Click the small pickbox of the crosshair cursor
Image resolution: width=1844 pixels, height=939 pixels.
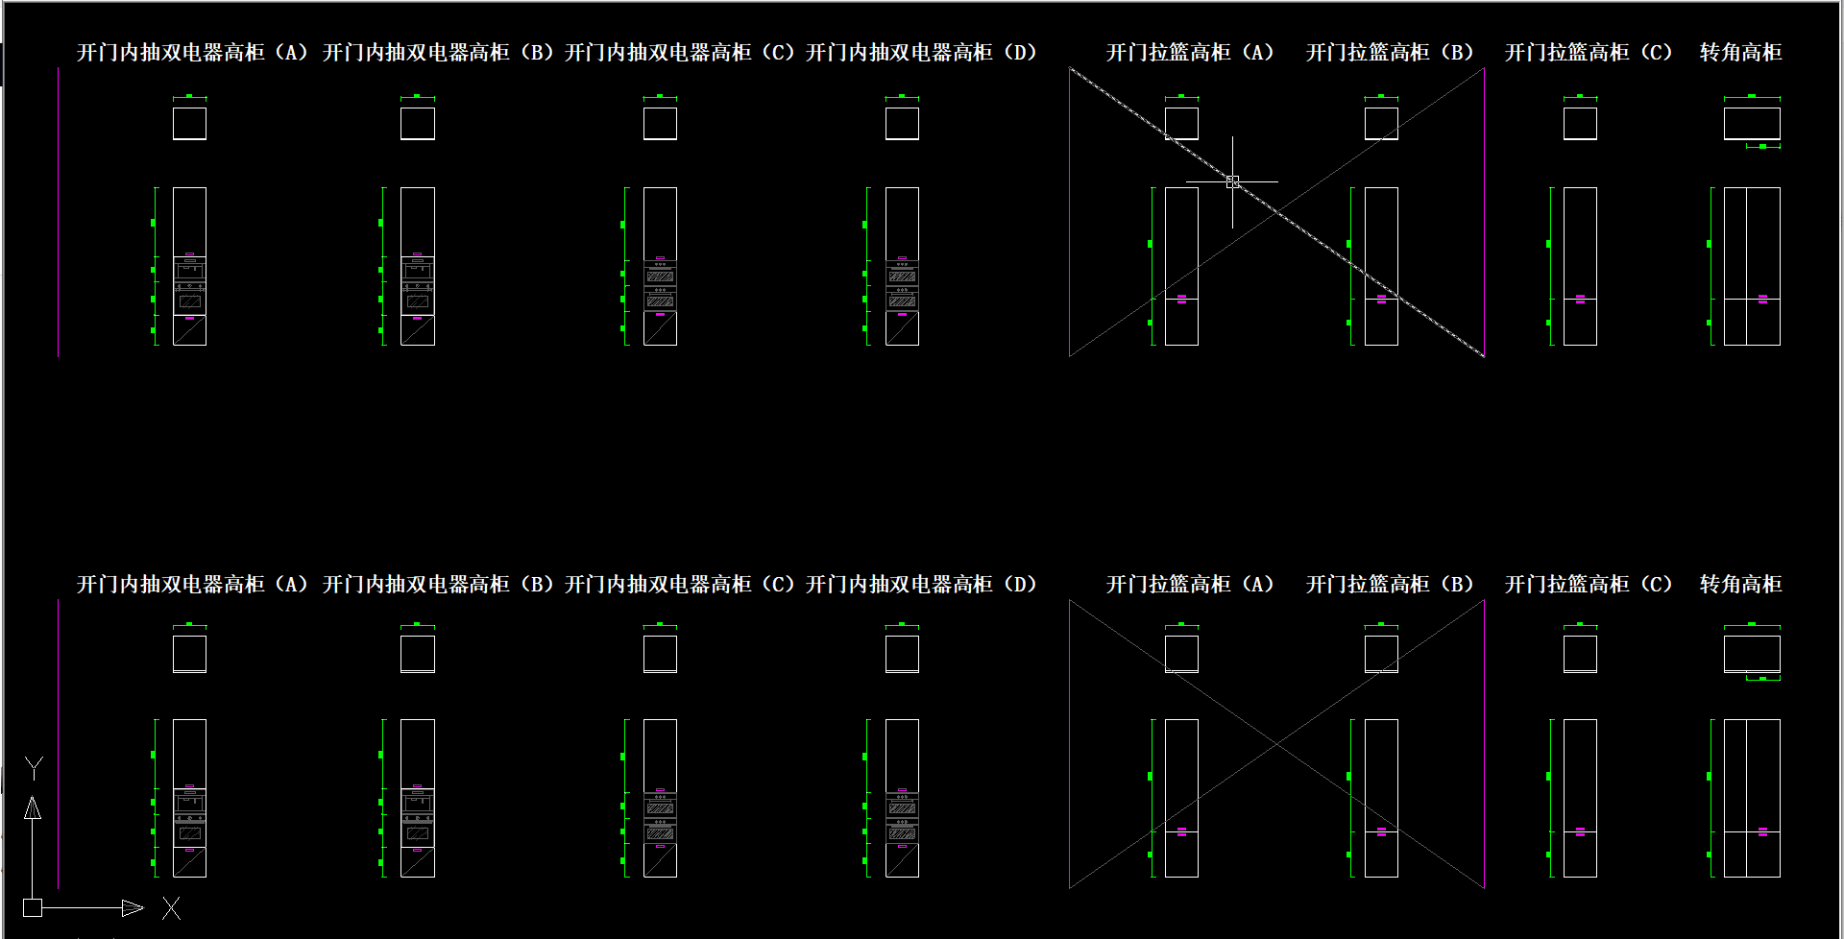click(x=1232, y=181)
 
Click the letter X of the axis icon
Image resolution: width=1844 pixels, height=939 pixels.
click(x=171, y=907)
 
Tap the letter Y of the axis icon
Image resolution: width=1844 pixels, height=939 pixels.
click(x=34, y=768)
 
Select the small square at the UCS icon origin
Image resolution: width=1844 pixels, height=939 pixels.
click(x=33, y=907)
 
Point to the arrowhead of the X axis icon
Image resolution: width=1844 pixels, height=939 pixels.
click(x=133, y=907)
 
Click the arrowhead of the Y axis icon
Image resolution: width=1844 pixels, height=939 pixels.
click(x=33, y=808)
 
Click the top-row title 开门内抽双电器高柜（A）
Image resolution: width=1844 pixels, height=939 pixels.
click(x=192, y=53)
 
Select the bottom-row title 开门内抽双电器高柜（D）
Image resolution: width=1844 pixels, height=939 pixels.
click(x=921, y=585)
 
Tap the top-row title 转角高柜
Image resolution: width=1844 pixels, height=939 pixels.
click(x=1740, y=53)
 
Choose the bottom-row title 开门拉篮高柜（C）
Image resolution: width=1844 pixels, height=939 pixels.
click(x=1589, y=585)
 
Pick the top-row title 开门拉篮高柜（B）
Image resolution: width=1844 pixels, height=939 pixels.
click(x=1390, y=53)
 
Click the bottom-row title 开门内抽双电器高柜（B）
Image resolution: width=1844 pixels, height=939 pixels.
click(x=438, y=585)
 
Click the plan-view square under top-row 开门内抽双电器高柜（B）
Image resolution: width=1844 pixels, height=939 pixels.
click(x=418, y=124)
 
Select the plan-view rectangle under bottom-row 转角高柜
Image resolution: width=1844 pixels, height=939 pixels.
click(x=1752, y=654)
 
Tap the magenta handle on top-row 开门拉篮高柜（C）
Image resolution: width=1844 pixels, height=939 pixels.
click(x=1580, y=299)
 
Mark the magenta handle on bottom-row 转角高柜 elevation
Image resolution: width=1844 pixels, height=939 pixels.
click(x=1762, y=831)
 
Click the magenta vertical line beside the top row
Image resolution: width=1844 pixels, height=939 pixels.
click(x=59, y=211)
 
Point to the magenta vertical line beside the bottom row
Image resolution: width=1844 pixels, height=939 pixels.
click(x=59, y=744)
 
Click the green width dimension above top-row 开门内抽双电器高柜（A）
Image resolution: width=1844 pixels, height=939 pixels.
click(x=189, y=97)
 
